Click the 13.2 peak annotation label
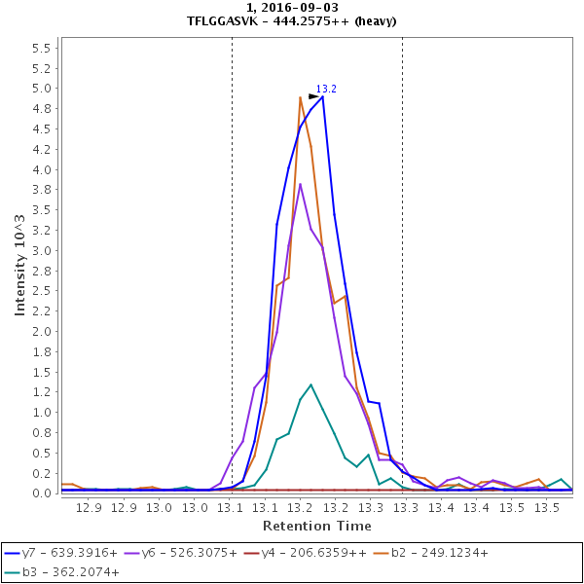point(326,89)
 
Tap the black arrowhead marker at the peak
point(313,96)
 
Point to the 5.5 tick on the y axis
point(41,48)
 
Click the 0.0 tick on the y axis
point(41,493)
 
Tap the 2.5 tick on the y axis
point(41,291)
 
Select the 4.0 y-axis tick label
point(41,169)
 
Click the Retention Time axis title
point(315,526)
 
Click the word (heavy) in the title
point(375,20)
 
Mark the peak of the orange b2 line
point(301,97)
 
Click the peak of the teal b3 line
point(310,384)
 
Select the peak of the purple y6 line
point(301,184)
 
